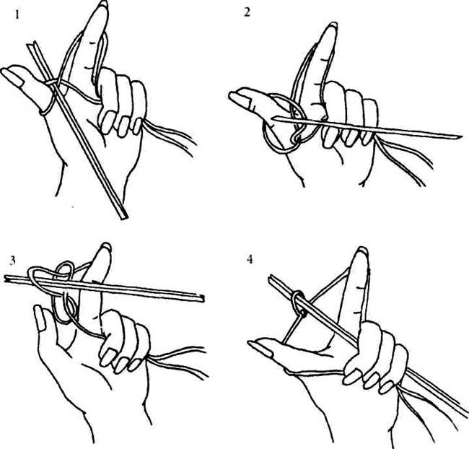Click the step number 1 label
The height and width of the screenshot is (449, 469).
pos(17,14)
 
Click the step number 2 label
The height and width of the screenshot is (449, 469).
pos(247,12)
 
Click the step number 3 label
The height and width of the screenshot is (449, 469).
pos(12,261)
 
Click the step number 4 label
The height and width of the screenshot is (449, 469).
pos(250,259)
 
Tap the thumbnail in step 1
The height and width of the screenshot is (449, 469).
pos(14,77)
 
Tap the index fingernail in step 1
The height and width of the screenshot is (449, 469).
pos(104,4)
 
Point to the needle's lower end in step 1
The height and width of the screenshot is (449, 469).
pos(123,217)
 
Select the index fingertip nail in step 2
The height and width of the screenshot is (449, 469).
pos(333,26)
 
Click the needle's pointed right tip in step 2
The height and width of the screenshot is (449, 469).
pos(460,137)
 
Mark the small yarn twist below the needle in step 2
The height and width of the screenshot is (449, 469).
pos(297,138)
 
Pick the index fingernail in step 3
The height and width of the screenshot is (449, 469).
pos(107,246)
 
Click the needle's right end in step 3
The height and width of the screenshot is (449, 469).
pos(202,297)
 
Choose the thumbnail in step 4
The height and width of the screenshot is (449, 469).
pos(260,348)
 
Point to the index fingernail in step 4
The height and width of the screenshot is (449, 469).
pos(363,250)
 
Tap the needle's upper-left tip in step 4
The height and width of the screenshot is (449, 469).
pos(271,278)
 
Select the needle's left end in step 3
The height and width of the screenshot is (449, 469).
pos(6,279)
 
